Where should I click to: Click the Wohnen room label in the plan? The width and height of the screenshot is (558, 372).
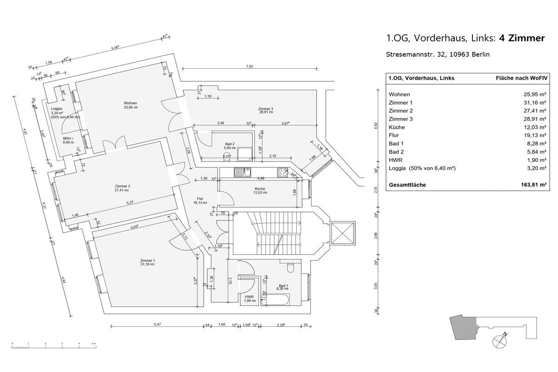pyautogui.click(x=130, y=103)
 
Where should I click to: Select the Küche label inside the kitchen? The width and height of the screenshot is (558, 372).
pyautogui.click(x=259, y=189)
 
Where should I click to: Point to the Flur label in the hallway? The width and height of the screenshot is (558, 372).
pyautogui.click(x=200, y=199)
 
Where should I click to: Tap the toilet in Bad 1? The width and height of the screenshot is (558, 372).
pyautogui.click(x=291, y=268)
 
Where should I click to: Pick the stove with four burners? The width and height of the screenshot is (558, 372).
pyautogui.click(x=282, y=173)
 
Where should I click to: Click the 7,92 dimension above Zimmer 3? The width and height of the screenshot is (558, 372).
pyautogui.click(x=249, y=66)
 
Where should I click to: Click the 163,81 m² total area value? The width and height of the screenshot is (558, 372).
pyautogui.click(x=533, y=185)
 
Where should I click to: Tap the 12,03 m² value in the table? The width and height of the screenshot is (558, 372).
pyautogui.click(x=535, y=127)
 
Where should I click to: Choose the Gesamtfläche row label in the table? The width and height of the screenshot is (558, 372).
pyautogui.click(x=407, y=185)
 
